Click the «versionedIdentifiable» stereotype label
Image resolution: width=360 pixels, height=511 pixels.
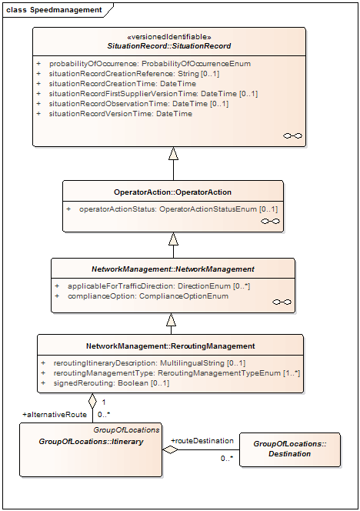[169, 36]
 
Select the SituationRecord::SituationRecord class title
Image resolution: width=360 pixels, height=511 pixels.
[169, 46]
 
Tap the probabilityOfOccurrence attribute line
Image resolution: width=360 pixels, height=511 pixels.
[144, 64]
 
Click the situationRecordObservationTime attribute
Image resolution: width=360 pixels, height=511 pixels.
[132, 104]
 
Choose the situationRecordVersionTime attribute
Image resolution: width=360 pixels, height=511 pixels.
[115, 114]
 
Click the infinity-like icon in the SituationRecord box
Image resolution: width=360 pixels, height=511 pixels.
[292, 135]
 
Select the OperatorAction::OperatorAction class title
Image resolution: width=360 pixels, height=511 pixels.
[172, 192]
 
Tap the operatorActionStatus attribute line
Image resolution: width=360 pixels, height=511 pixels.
[172, 209]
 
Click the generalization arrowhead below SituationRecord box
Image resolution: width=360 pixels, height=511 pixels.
[173, 153]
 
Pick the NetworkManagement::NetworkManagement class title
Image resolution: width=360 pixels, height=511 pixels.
[173, 269]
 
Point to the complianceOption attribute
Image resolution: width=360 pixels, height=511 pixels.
[142, 296]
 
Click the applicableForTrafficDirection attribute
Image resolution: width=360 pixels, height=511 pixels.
[152, 286]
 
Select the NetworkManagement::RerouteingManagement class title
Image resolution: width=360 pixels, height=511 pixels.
[171, 346]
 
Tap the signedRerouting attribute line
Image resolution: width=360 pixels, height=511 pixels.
[105, 383]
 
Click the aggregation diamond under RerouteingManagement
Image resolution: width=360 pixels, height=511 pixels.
[93, 400]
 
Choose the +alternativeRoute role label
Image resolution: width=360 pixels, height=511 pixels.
[55, 415]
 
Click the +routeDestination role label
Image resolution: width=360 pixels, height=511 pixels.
[202, 441]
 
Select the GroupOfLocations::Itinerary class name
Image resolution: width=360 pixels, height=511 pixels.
[91, 442]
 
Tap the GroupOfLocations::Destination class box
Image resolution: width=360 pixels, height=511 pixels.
[290, 449]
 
